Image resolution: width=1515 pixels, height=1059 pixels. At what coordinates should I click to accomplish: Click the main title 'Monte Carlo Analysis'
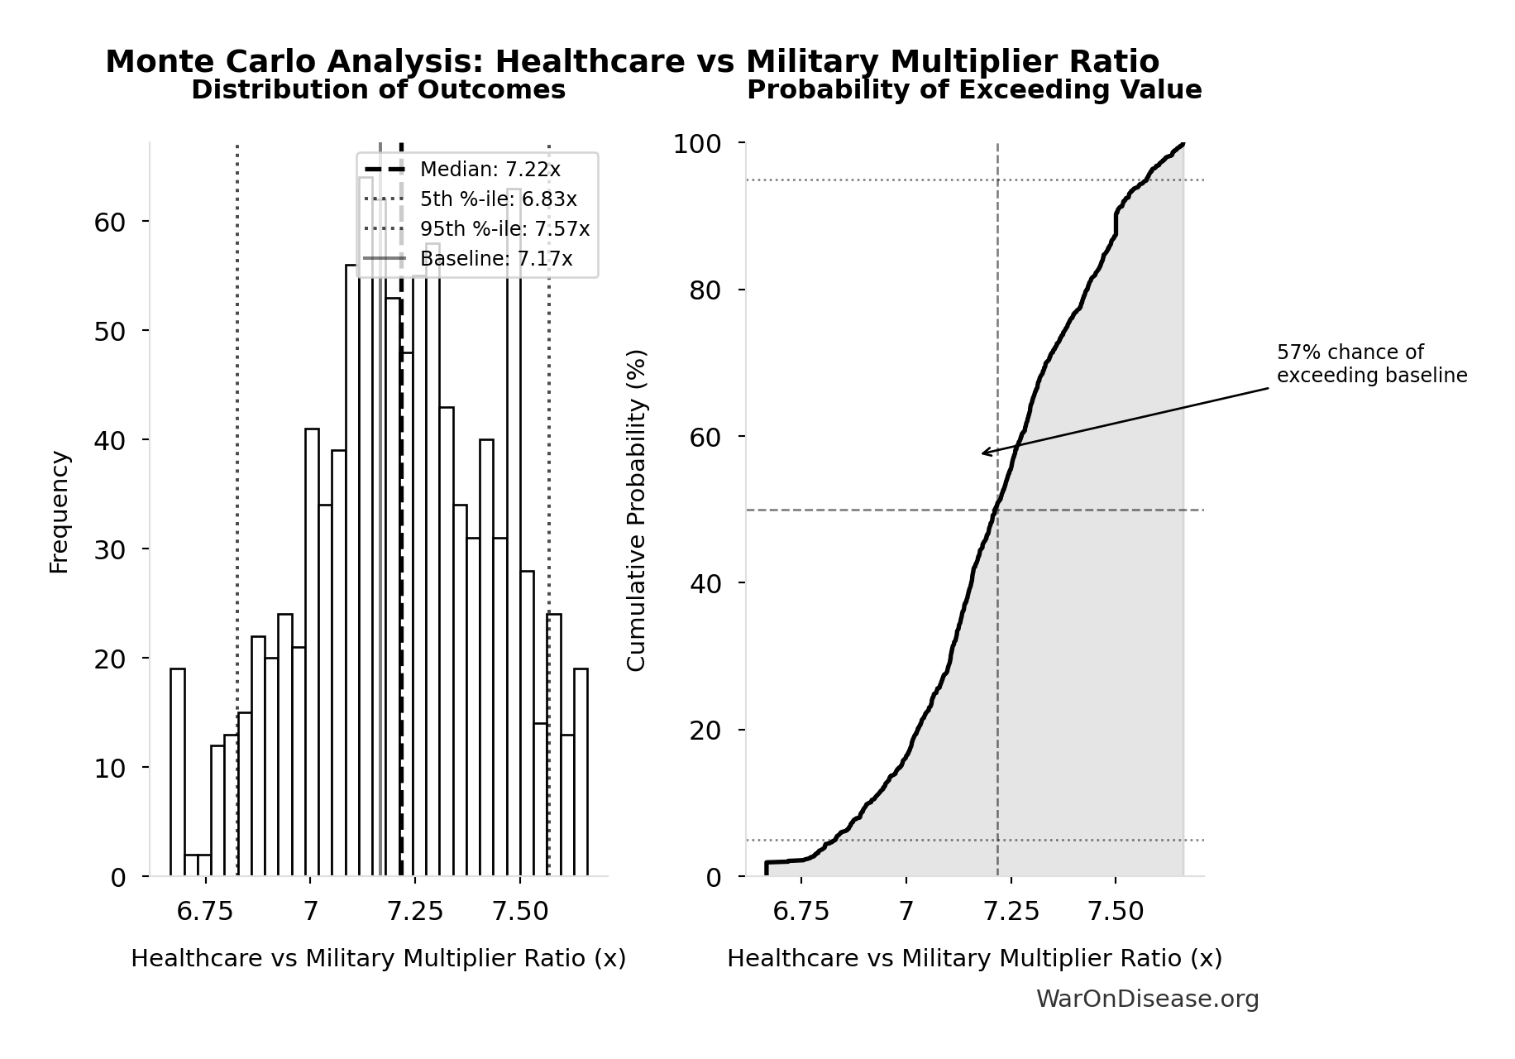pyautogui.click(x=632, y=62)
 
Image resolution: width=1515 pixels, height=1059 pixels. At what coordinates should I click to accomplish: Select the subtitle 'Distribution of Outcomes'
pyautogui.click(x=378, y=89)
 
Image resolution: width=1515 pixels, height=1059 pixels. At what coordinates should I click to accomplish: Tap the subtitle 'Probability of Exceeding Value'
pyautogui.click(x=973, y=89)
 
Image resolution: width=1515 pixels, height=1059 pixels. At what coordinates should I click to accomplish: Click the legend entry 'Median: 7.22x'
pyautogui.click(x=490, y=170)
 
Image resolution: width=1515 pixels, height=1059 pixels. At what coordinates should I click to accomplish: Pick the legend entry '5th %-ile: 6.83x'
pyautogui.click(x=498, y=199)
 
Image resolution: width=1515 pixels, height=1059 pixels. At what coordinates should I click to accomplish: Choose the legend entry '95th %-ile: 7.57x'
pyautogui.click(x=504, y=229)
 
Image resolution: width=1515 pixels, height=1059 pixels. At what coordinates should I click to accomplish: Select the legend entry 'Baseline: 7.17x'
pyautogui.click(x=495, y=259)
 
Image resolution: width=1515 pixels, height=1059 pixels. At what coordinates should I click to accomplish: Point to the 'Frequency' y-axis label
pyautogui.click(x=59, y=511)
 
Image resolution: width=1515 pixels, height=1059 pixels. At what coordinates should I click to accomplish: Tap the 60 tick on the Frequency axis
pyautogui.click(x=109, y=222)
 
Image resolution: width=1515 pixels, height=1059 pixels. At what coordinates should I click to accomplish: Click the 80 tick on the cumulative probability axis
pyautogui.click(x=705, y=290)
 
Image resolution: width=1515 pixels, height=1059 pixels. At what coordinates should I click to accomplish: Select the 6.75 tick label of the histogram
pyautogui.click(x=205, y=912)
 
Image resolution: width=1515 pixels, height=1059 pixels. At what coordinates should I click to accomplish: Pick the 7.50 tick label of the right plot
pyautogui.click(x=1116, y=912)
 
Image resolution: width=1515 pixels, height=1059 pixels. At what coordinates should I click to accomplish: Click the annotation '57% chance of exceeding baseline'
pyautogui.click(x=1371, y=364)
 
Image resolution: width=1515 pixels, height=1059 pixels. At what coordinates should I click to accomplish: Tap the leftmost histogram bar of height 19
pyautogui.click(x=178, y=774)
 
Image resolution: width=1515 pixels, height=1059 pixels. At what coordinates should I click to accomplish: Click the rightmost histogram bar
pyautogui.click(x=581, y=774)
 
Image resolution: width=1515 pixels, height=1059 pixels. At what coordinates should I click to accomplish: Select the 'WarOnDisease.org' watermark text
pyautogui.click(x=1147, y=999)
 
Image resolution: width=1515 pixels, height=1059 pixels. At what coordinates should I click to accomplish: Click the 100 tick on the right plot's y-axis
pyautogui.click(x=696, y=144)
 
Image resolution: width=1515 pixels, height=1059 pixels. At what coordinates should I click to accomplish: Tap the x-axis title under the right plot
pyautogui.click(x=973, y=958)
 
